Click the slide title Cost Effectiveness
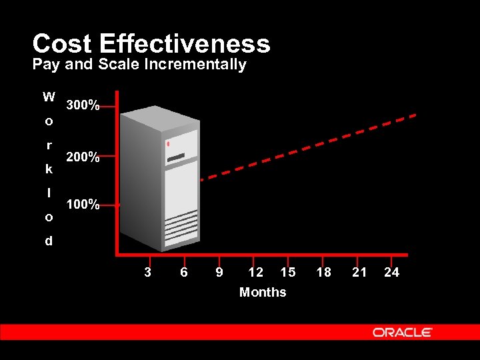coord(151,44)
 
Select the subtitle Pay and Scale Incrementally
coord(139,65)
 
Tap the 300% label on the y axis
coord(83,106)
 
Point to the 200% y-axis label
coord(83,158)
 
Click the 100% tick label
coord(83,205)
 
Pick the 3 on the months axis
coord(148,272)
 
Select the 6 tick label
coord(184,272)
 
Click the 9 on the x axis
coord(219,272)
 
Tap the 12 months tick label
coord(255,272)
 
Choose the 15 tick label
coord(288,272)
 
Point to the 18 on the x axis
coord(323,272)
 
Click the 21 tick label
coord(359,272)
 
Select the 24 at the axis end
coord(392,272)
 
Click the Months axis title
coord(263,292)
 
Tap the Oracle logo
coord(403,332)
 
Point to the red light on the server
coord(169,144)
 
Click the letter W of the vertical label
coord(49,97)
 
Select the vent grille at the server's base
coord(181,227)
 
